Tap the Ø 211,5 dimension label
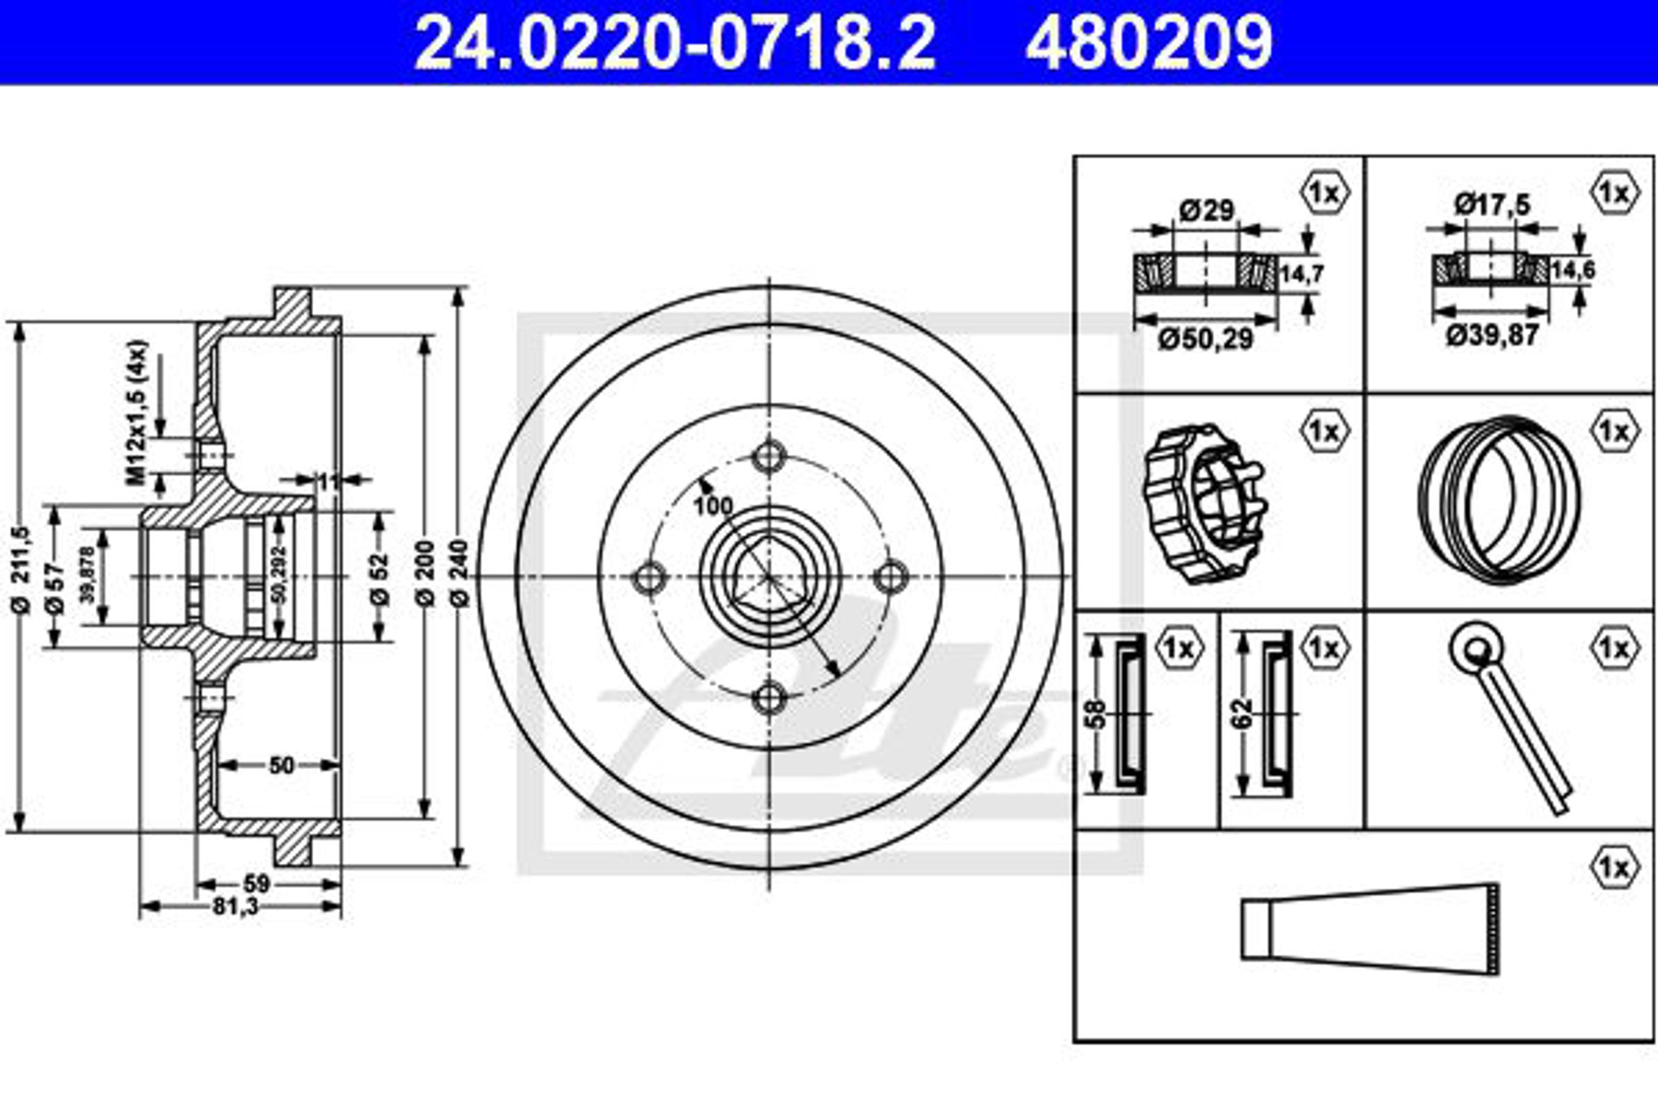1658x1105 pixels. click(x=21, y=569)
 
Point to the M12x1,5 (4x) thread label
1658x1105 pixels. click(x=138, y=412)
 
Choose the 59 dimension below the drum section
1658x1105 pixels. click(x=256, y=883)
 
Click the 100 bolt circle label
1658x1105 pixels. click(x=713, y=506)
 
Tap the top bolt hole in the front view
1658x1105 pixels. click(x=769, y=457)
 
